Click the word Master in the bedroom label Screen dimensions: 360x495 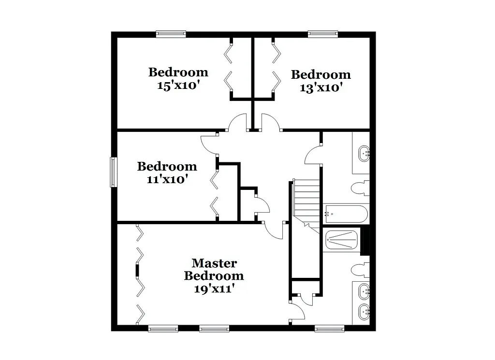point(214,263)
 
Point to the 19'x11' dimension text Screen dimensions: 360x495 point(214,289)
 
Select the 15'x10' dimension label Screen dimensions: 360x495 point(178,86)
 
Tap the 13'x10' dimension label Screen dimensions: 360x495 point(321,88)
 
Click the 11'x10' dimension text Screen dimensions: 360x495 point(167,179)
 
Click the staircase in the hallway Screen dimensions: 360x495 point(306,201)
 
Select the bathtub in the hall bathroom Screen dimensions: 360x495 point(346,213)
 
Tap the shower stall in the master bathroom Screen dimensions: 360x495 point(341,240)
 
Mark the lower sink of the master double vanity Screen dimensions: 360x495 point(363,312)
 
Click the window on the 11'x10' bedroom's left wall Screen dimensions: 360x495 point(114,172)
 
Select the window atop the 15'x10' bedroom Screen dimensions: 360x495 point(171,34)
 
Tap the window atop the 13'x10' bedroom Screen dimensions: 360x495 point(323,34)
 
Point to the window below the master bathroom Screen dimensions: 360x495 point(329,329)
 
